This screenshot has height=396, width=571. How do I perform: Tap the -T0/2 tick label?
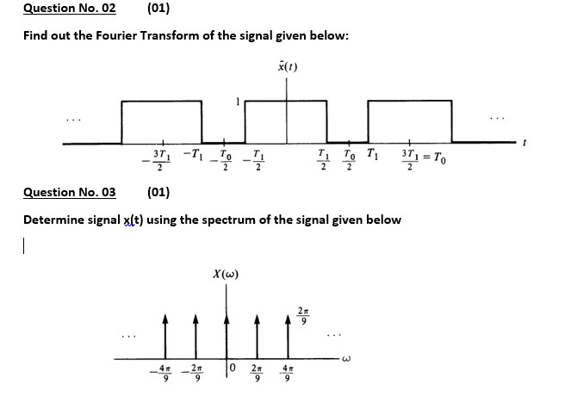click(221, 160)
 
